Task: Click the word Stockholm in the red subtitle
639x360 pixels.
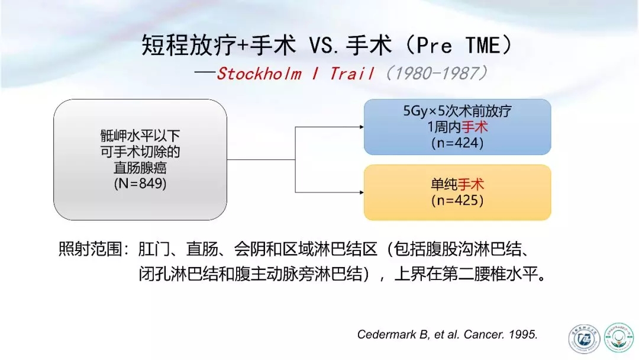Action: (259, 74)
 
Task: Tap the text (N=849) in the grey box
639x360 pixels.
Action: (140, 184)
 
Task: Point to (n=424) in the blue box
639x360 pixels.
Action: (457, 143)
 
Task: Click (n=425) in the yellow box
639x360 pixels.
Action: (457, 201)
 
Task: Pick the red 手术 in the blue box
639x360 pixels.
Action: (475, 127)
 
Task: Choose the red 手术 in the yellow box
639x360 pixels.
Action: (471, 185)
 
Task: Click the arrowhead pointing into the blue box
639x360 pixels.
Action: (362, 127)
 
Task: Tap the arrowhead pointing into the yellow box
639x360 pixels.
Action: (362, 192)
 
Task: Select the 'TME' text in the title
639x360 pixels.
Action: (483, 45)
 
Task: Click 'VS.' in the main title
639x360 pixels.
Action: (324, 45)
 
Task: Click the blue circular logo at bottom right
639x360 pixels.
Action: (584, 339)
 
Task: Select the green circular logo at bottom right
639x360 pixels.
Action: (619, 337)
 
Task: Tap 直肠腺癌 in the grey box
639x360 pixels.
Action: (140, 168)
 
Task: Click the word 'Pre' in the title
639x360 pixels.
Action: (434, 45)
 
